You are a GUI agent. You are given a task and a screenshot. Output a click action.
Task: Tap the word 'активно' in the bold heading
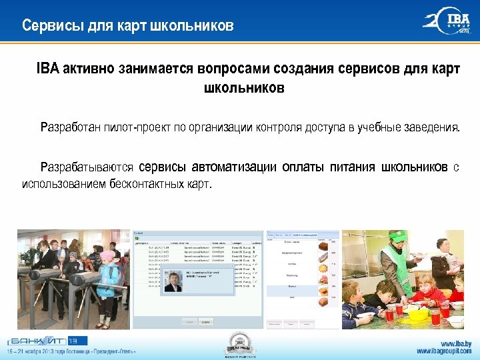(x=88, y=69)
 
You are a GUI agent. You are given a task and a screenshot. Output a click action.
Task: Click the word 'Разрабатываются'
(x=87, y=167)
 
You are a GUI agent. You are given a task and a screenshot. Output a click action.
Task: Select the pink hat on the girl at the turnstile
(x=107, y=255)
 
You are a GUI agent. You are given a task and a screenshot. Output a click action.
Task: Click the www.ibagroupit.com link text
(x=444, y=351)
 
